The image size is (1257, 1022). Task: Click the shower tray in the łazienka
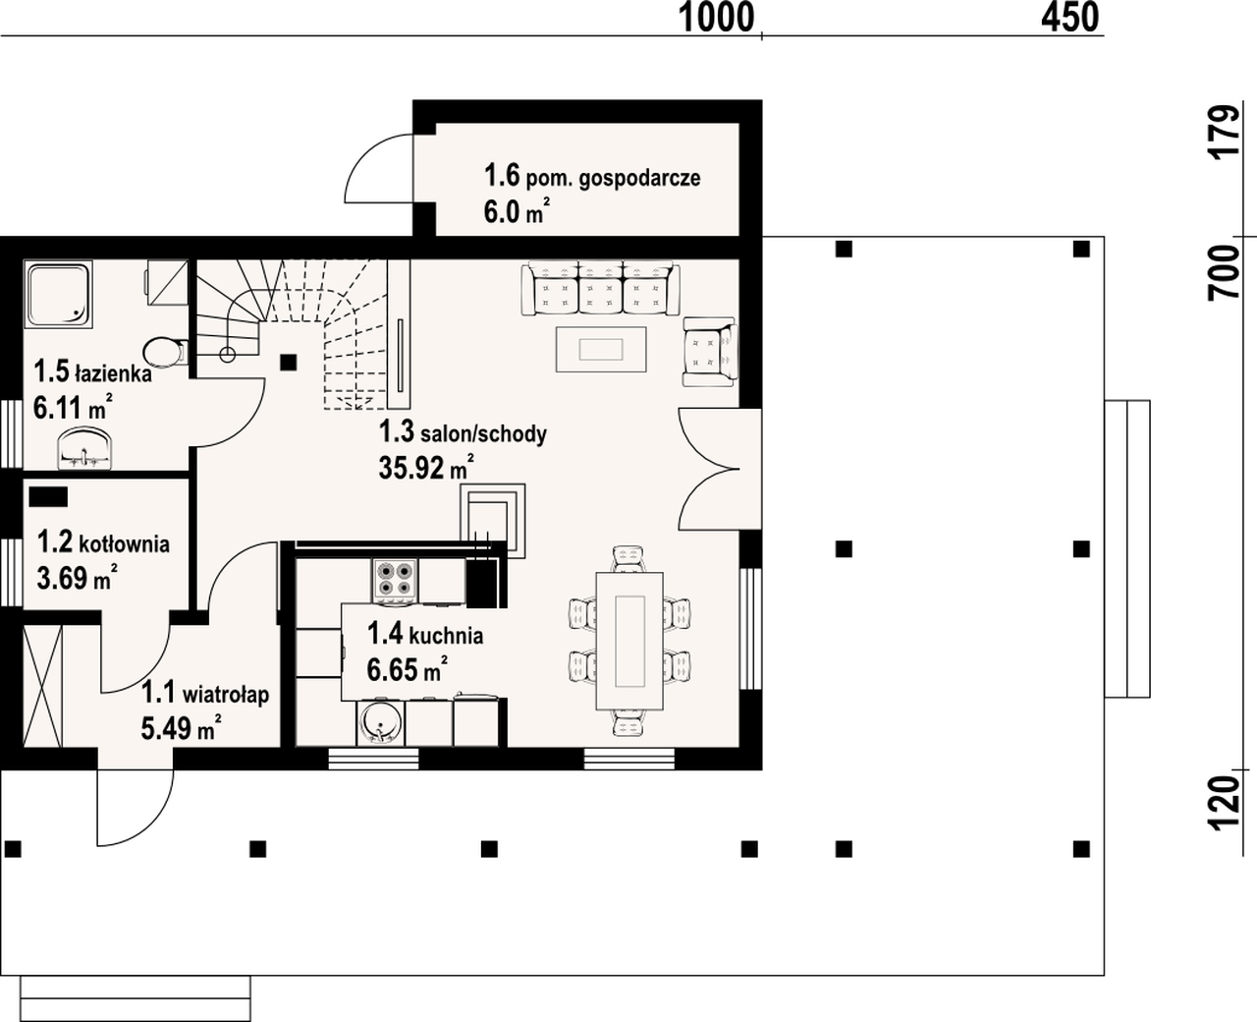58,295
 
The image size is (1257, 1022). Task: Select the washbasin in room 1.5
85,449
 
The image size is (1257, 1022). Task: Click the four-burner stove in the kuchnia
395,581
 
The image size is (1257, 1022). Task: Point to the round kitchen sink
381,722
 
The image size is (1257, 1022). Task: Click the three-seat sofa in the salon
600,289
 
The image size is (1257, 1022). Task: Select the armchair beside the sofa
710,352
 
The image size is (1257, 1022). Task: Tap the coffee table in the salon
601,350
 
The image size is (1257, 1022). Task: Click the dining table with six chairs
629,641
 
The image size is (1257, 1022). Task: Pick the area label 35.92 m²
426,468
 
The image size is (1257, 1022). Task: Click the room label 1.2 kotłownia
103,542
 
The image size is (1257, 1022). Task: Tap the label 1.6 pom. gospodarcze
592,177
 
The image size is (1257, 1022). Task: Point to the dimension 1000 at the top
717,18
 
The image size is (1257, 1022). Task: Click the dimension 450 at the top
1070,18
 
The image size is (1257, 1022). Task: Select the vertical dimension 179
1225,132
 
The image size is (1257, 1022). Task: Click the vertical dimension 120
1225,803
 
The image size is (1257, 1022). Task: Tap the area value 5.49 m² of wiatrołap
181,727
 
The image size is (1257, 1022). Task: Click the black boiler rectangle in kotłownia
48,496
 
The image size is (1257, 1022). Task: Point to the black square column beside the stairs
288,363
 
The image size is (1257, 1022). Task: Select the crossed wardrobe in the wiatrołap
42,686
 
